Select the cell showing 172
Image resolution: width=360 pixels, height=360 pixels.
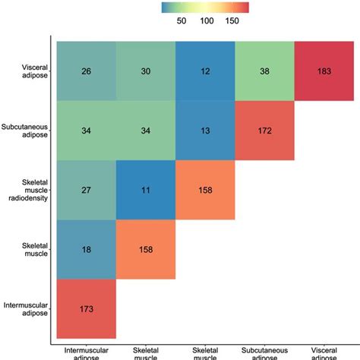coord(264,130)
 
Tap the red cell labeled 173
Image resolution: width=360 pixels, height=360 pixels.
coord(86,309)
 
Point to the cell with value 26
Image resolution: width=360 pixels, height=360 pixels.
coord(86,71)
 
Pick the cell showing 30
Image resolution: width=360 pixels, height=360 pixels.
coord(145,71)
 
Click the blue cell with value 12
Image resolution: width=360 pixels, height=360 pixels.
coord(205,71)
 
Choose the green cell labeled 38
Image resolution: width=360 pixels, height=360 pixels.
coord(264,71)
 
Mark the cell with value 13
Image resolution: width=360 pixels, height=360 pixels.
coord(205,130)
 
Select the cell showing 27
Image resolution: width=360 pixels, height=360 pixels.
coord(86,190)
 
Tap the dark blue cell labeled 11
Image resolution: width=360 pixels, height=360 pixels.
coord(145,190)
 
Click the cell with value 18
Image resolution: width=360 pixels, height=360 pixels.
coord(86,249)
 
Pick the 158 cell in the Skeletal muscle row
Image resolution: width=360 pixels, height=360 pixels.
coord(145,249)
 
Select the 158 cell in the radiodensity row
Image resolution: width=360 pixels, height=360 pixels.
coord(205,190)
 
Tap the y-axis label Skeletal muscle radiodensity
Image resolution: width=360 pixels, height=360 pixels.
coord(28,190)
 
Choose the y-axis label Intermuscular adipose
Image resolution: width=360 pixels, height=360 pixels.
coord(26,309)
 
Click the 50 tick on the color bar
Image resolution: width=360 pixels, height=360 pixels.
coord(182,21)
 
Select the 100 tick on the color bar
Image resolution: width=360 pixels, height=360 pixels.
coord(207,21)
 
